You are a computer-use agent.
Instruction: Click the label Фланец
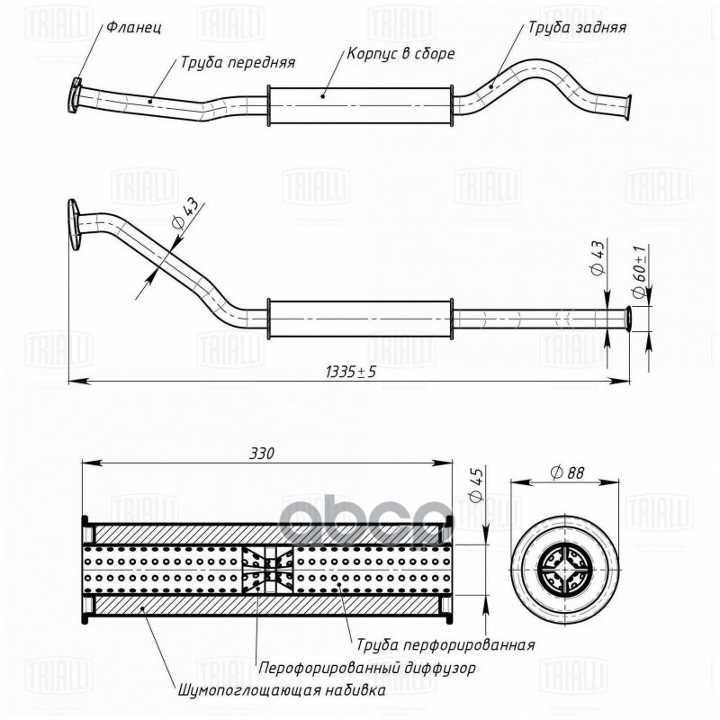coord(133,27)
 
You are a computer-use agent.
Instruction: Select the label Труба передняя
coord(238,63)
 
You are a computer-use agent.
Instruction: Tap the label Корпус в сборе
coord(400,53)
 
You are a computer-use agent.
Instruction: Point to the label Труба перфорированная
coord(445,644)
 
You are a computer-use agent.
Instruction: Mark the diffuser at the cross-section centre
coord(268,571)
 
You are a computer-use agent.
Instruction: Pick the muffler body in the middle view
coord(359,319)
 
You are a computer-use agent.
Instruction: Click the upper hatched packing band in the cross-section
coord(268,534)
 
